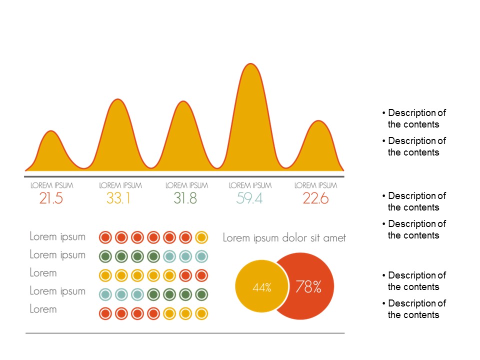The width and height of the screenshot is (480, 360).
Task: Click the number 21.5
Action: pyautogui.click(x=51, y=198)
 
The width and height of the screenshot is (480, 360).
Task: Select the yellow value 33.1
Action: pyautogui.click(x=118, y=198)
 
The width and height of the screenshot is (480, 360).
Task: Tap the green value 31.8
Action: pyautogui.click(x=185, y=198)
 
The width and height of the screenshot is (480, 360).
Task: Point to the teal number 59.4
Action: pyautogui.click(x=249, y=198)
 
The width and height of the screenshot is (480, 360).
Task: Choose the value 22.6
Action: pyautogui.click(x=315, y=198)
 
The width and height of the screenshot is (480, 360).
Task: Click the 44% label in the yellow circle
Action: pyautogui.click(x=261, y=287)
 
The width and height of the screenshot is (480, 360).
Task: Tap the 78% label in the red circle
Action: pyautogui.click(x=308, y=287)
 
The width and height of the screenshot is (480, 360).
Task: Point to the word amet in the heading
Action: pyautogui.click(x=334, y=238)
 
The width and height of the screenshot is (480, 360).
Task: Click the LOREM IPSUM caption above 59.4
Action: pyautogui.click(x=250, y=185)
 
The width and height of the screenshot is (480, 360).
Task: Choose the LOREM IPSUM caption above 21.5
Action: pyautogui.click(x=51, y=185)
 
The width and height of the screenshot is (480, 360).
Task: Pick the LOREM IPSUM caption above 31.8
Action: pyautogui.click(x=186, y=185)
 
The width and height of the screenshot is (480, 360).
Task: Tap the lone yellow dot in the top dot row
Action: pyautogui.click(x=201, y=237)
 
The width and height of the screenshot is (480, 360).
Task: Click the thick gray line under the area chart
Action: pyautogui.click(x=184, y=176)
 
